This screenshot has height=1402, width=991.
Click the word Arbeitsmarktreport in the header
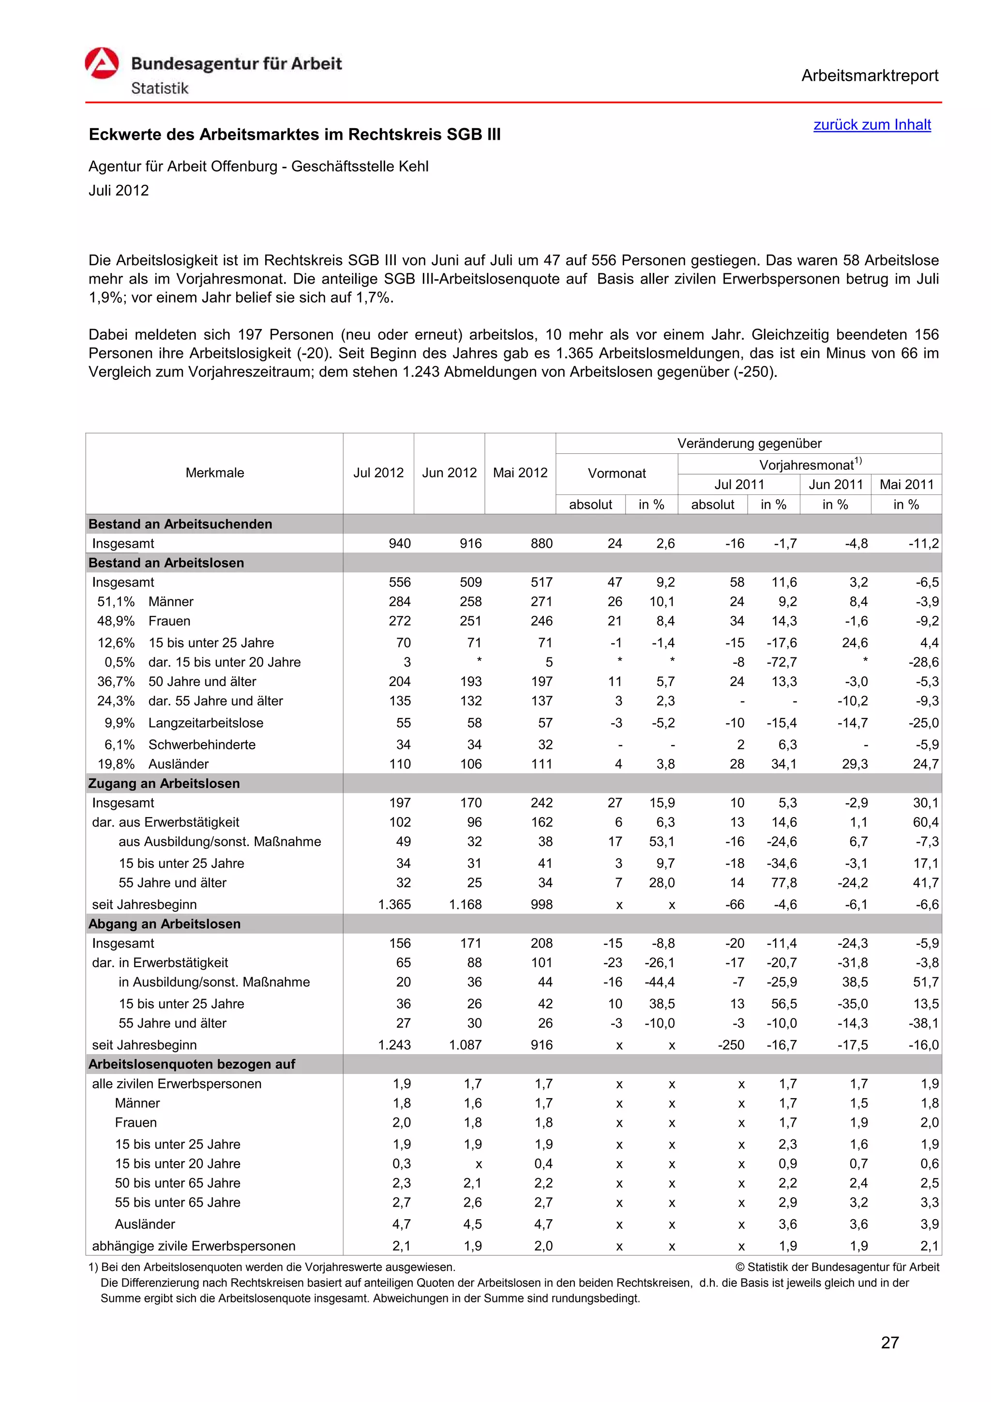[x=870, y=76]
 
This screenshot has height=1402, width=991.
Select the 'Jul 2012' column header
[x=378, y=473]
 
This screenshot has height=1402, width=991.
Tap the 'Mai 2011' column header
[x=906, y=484]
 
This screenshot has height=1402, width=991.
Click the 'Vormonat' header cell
[x=616, y=473]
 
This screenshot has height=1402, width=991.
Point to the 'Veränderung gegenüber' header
[x=749, y=443]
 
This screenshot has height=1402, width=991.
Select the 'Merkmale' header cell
[x=214, y=473]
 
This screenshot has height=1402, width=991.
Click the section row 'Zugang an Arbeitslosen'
[x=164, y=783]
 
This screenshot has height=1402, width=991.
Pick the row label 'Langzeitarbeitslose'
[x=206, y=723]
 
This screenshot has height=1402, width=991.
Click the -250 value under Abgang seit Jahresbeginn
[x=731, y=1045]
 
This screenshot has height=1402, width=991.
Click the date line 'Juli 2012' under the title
[x=119, y=191]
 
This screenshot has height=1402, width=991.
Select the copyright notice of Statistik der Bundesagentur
[x=837, y=1267]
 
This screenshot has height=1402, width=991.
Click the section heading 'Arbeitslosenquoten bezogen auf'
[x=192, y=1064]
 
